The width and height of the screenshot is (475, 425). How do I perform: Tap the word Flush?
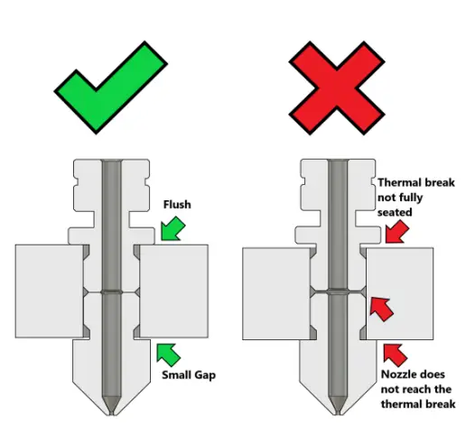(x=177, y=204)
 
